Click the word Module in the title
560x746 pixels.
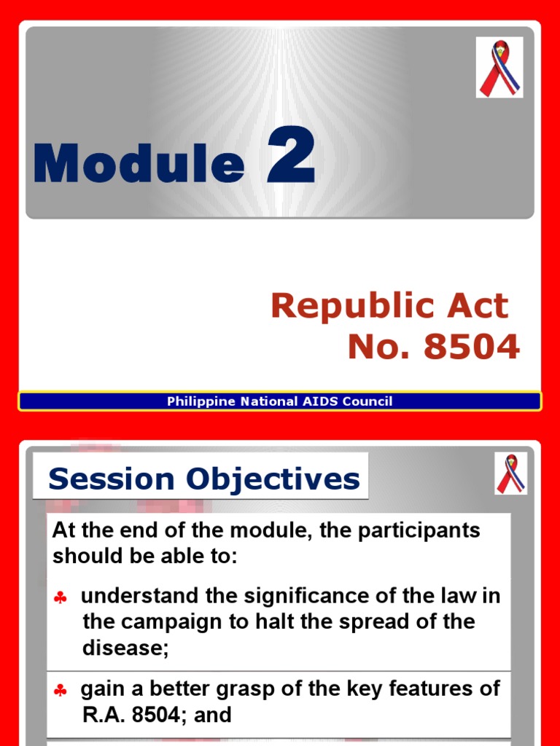[139, 163]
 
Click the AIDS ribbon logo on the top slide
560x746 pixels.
[499, 68]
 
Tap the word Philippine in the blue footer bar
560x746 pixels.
[197, 401]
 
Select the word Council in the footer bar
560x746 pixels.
[368, 401]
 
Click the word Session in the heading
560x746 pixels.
[111, 479]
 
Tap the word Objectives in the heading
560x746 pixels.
[273, 479]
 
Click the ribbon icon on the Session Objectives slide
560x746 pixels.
[510, 474]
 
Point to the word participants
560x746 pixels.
[420, 530]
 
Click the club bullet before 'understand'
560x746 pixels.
[61, 598]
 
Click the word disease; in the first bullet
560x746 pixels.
[125, 648]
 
